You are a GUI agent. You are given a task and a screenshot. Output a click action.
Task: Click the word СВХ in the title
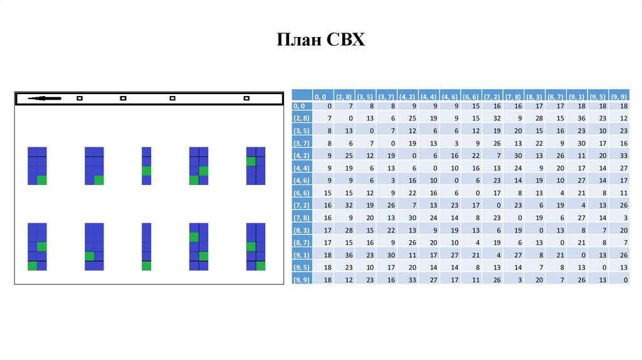coord(345,41)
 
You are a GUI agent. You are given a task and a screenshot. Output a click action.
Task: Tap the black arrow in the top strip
coord(44,98)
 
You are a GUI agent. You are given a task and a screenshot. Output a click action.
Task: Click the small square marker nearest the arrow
coord(79,98)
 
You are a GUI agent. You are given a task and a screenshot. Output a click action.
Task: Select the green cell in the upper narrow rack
coord(147,171)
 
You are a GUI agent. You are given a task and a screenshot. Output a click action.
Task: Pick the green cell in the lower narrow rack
coord(147,266)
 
